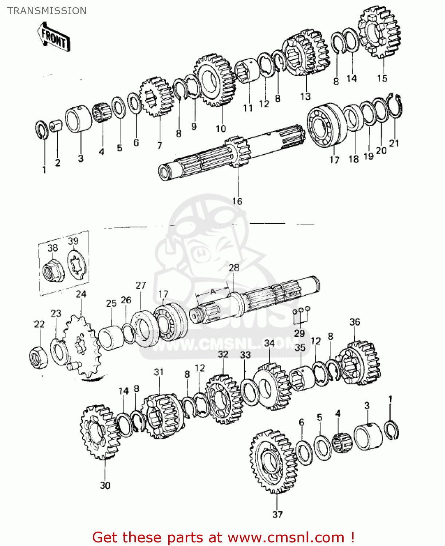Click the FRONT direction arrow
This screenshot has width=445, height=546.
coord(54,37)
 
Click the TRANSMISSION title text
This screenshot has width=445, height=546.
coord(47,11)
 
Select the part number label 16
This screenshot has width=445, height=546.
coord(237,201)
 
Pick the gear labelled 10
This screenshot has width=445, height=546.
coord(215,80)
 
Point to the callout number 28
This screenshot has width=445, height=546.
coord(234,268)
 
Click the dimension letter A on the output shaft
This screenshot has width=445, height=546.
coord(213,291)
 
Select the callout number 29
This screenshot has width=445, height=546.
coord(299,333)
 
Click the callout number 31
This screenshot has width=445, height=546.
coord(158,372)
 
